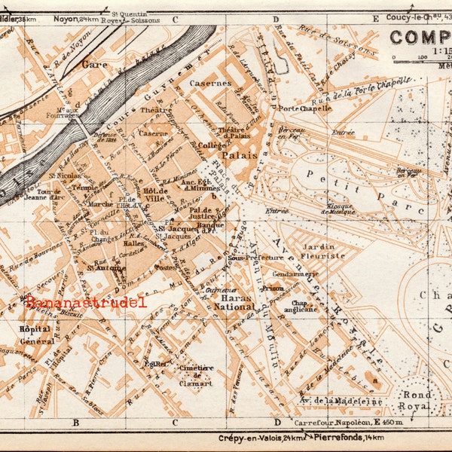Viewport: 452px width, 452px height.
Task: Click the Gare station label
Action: (95, 65)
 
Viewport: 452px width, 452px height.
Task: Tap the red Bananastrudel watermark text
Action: (85, 302)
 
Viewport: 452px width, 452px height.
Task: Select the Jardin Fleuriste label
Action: (322, 250)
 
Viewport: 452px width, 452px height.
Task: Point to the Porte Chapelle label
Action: (304, 108)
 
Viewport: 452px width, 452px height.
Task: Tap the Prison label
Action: (272, 288)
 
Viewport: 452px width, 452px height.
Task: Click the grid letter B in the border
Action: (75, 422)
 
